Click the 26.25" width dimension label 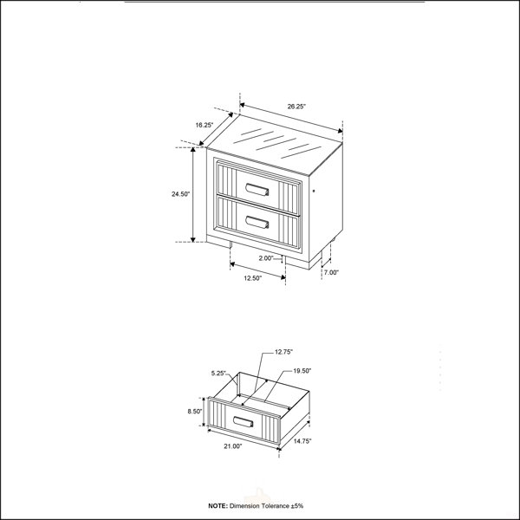click(x=296, y=107)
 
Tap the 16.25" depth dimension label click(x=205, y=125)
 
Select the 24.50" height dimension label click(x=180, y=194)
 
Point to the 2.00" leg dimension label click(x=266, y=258)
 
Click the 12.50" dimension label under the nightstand click(x=253, y=278)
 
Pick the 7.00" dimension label click(x=331, y=272)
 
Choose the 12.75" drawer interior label click(x=283, y=352)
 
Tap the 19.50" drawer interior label click(x=302, y=371)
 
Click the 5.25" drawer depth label click(x=218, y=373)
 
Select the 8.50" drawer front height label click(x=195, y=411)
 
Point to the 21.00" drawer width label click(x=233, y=446)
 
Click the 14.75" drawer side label click(x=302, y=441)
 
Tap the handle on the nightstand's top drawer click(x=257, y=189)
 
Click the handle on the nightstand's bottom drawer click(x=257, y=222)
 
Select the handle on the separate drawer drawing click(x=243, y=422)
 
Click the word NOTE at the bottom click(x=218, y=506)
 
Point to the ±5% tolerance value click(x=297, y=506)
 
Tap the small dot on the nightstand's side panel click(x=314, y=191)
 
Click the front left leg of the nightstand click(x=231, y=244)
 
